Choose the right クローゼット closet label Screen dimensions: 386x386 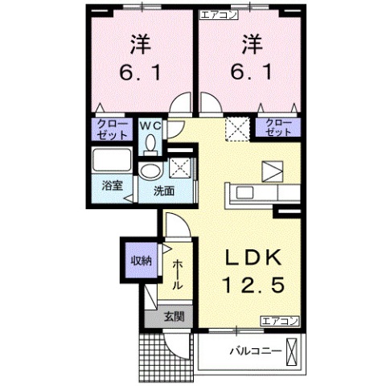(276, 126)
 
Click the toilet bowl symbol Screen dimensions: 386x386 (150, 143)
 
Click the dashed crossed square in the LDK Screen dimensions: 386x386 (237, 127)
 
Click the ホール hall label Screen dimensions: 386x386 (177, 274)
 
